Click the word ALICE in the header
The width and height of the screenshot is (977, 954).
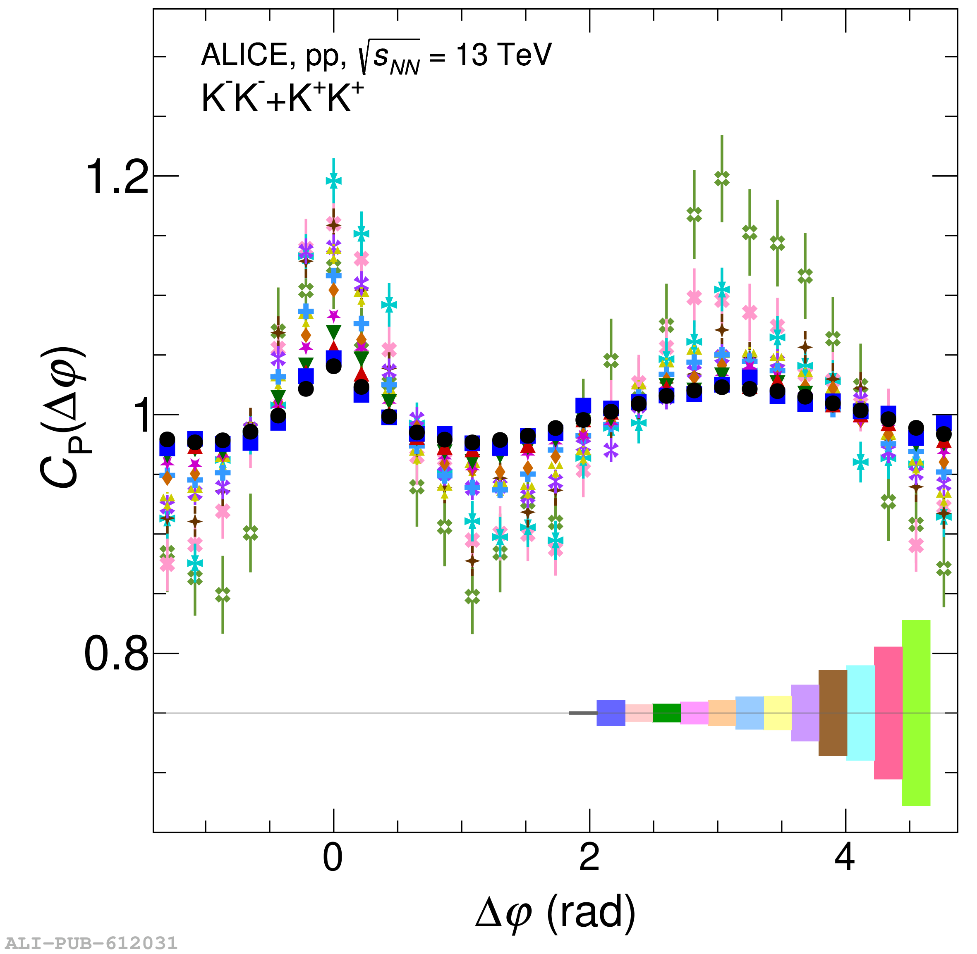tap(244, 55)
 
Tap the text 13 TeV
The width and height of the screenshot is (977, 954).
tap(503, 55)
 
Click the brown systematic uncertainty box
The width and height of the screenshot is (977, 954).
tap(833, 713)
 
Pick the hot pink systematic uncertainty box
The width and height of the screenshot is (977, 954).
tap(888, 713)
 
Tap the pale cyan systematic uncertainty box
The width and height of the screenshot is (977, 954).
tap(861, 713)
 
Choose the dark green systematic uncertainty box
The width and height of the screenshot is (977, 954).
tap(666, 713)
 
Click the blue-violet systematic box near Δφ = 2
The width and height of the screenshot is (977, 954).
tap(611, 713)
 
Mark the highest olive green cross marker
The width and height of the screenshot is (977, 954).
tap(722, 179)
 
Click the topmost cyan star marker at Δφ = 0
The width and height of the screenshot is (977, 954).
tap(334, 181)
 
